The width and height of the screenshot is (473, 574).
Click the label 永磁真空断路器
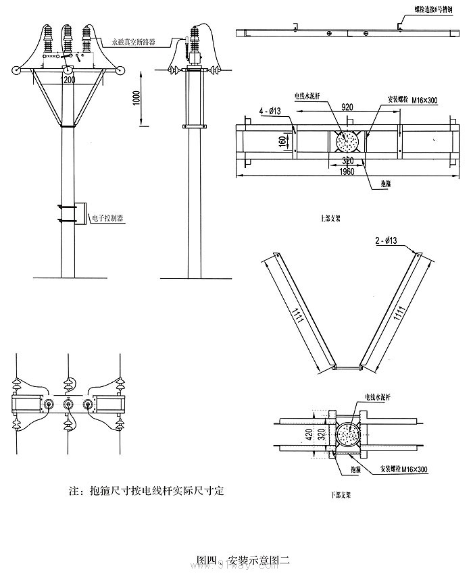(x=133, y=41)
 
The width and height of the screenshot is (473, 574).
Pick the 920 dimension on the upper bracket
(x=349, y=107)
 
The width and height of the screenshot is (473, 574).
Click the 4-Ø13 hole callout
(x=268, y=111)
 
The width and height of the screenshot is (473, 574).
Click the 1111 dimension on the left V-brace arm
(x=297, y=312)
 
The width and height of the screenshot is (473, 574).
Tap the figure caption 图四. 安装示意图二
(x=242, y=559)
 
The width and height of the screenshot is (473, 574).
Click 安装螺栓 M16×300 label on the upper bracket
(x=414, y=99)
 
